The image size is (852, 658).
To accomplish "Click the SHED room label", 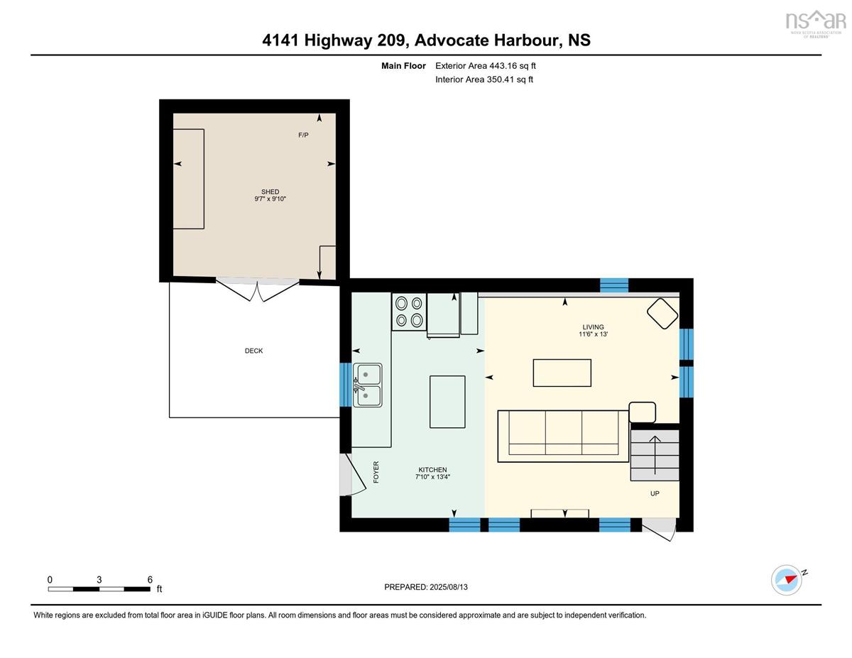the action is [270, 192].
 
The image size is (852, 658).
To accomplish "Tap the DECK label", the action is [253, 351].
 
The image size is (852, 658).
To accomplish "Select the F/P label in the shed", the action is [303, 135].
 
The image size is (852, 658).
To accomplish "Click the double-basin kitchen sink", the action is [367, 385].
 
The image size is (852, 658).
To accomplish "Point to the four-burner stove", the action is [409, 312].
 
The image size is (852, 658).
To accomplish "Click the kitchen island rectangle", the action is [447, 402].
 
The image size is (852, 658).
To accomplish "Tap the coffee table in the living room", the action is [562, 373].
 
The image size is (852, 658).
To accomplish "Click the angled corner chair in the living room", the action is [662, 314].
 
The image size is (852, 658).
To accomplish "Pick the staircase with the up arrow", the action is [655, 455].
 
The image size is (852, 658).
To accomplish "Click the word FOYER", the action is [376, 472].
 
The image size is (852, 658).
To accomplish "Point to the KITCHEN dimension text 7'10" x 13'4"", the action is [432, 477].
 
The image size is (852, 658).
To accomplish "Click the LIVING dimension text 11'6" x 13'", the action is [593, 334].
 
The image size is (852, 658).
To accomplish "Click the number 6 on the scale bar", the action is [150, 580].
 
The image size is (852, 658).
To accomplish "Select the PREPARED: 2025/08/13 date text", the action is [426, 587].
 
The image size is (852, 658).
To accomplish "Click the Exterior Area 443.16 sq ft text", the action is [486, 66].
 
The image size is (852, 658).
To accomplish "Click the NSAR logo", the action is [816, 23].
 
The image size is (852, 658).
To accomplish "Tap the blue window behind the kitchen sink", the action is [346, 385].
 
